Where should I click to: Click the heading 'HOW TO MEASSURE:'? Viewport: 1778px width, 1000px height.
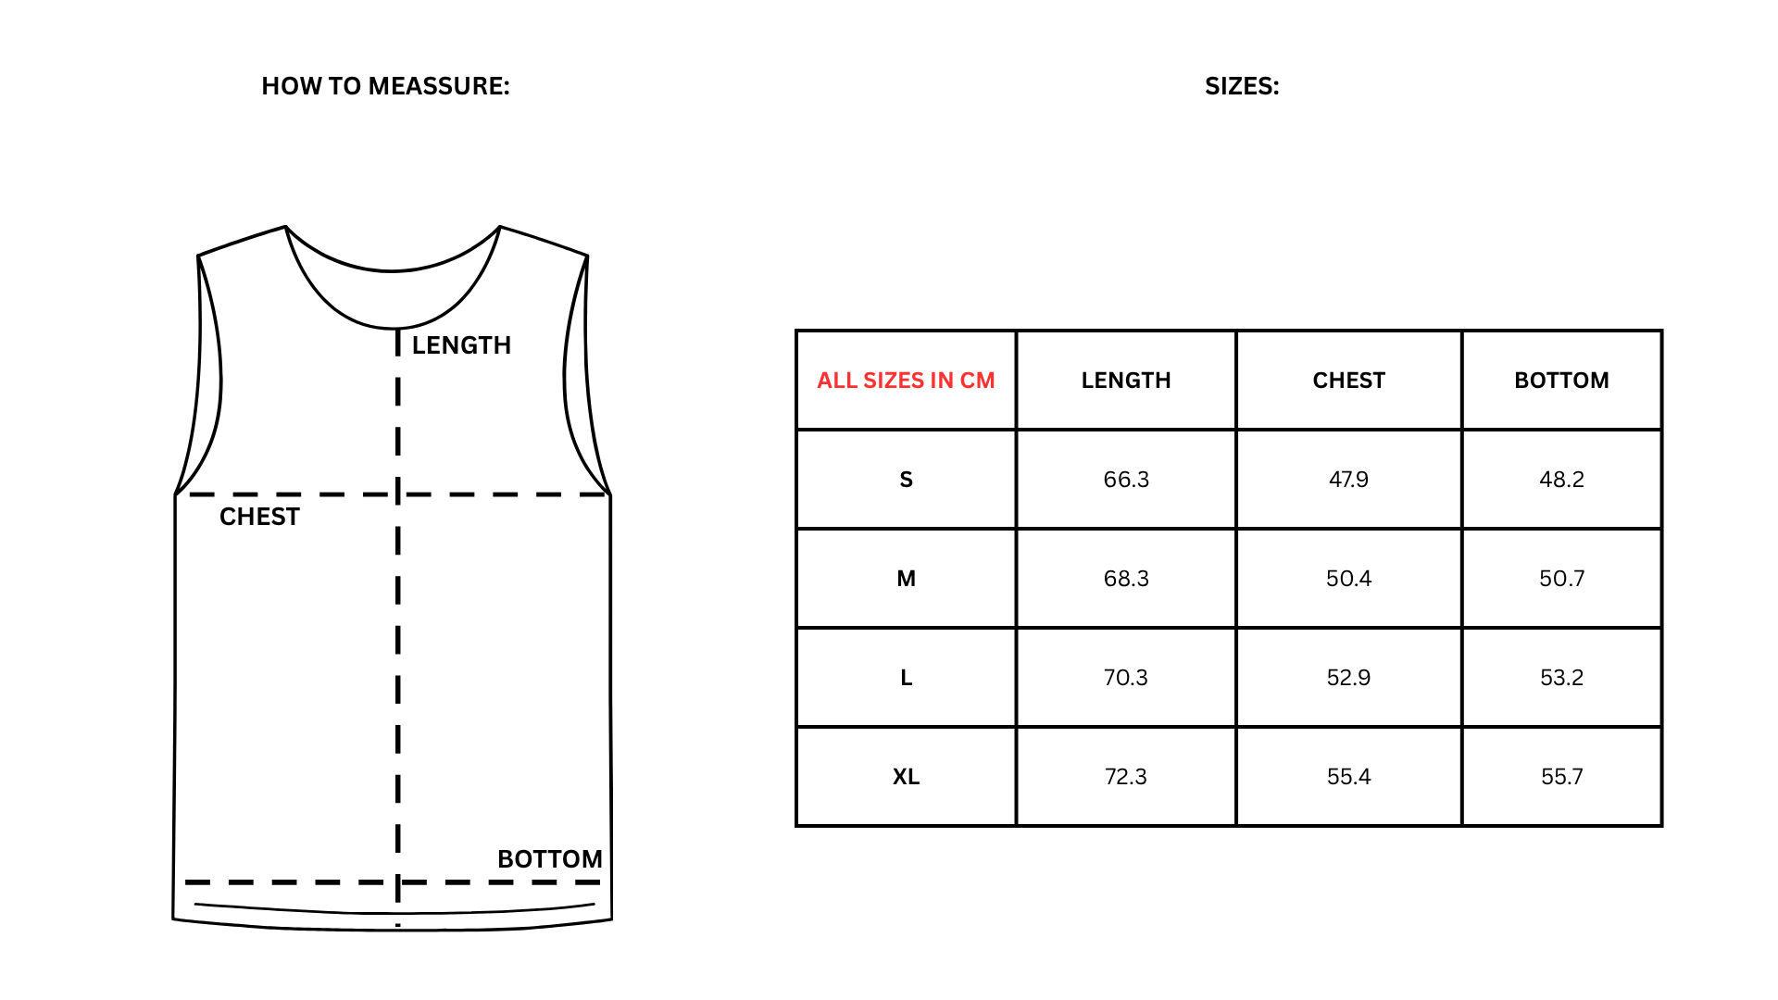pyautogui.click(x=385, y=86)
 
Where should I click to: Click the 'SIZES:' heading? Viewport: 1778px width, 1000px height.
pyautogui.click(x=1242, y=86)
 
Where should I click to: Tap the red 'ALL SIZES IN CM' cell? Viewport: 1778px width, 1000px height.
pyautogui.click(x=906, y=381)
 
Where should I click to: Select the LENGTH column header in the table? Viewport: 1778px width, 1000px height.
pyautogui.click(x=1126, y=381)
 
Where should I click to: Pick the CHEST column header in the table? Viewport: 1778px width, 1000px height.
pyautogui.click(x=1348, y=381)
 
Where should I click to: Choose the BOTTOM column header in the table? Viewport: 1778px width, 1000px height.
pyautogui.click(x=1561, y=381)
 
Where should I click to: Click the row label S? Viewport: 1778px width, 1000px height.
pyautogui.click(x=907, y=480)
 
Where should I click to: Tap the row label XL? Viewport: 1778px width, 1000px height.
pyautogui.click(x=906, y=777)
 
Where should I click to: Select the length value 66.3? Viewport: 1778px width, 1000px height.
pyautogui.click(x=1126, y=480)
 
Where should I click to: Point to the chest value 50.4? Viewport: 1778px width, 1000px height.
pyautogui.click(x=1348, y=579)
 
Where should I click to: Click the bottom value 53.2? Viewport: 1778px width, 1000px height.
pyautogui.click(x=1561, y=678)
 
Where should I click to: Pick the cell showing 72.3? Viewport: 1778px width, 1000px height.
pyautogui.click(x=1126, y=777)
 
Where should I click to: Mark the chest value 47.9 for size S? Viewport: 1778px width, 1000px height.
pyautogui.click(x=1348, y=480)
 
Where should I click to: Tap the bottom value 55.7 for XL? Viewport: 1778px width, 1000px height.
pyautogui.click(x=1561, y=777)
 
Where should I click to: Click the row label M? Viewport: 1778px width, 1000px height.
pyautogui.click(x=906, y=579)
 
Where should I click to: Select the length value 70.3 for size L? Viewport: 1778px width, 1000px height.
pyautogui.click(x=1126, y=678)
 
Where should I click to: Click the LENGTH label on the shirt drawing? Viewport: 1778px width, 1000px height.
pyautogui.click(x=461, y=345)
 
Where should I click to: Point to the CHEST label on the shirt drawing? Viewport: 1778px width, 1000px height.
pyautogui.click(x=259, y=517)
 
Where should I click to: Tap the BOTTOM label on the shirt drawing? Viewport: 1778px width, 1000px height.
pyautogui.click(x=550, y=859)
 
